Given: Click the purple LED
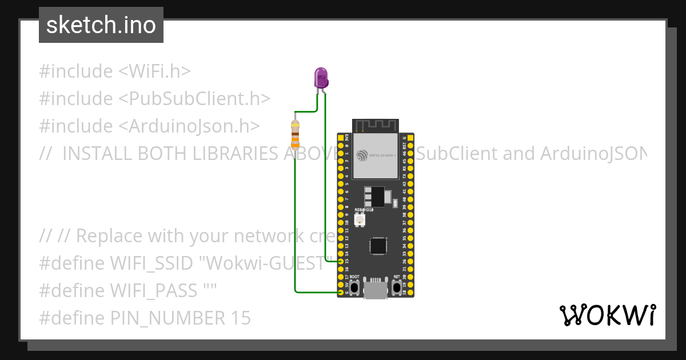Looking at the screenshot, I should tap(321, 77).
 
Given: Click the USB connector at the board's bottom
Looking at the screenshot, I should tap(375, 290).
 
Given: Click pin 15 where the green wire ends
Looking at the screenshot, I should tap(341, 261).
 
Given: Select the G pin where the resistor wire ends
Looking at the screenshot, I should tap(341, 293).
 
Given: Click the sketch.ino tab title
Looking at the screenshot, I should tap(101, 25).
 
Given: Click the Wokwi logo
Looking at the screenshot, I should tap(607, 315).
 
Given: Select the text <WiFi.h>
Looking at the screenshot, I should tap(154, 71).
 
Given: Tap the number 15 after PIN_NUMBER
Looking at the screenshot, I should tap(241, 318).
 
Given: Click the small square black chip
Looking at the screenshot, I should tap(378, 245).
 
